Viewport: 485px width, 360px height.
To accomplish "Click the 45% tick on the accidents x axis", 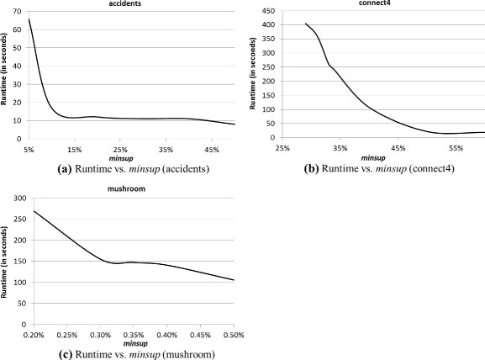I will tap(211, 150).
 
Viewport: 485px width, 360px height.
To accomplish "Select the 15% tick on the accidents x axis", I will tap(75, 150).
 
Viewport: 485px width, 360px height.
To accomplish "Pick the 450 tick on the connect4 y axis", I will tap(266, 11).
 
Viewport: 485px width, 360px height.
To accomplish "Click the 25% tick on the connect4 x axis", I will tap(282, 147).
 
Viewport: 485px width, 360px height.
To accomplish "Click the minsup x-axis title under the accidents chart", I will tap(126, 158).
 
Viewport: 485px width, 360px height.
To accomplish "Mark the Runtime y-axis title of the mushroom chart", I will tap(4, 261).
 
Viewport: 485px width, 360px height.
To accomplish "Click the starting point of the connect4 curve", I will tap(305, 24).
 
